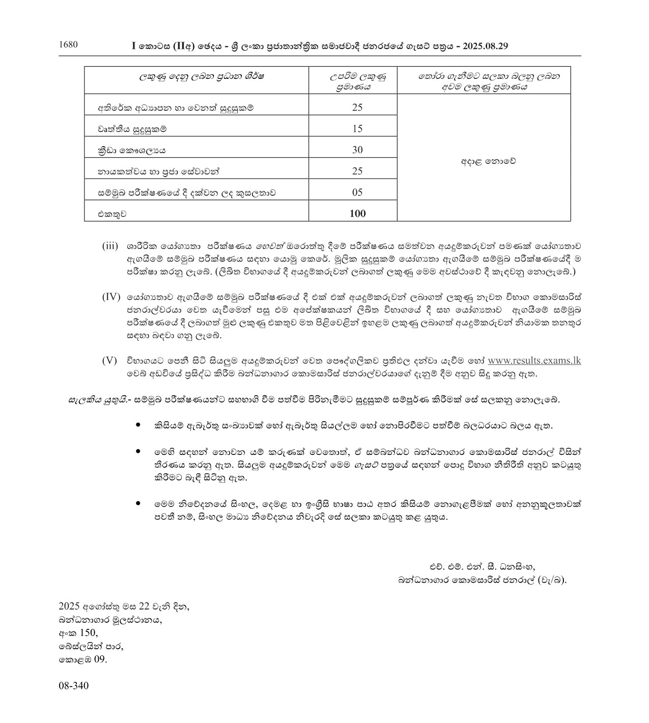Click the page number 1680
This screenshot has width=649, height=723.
68,44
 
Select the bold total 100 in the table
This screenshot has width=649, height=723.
357,214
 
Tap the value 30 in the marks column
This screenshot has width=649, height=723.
357,150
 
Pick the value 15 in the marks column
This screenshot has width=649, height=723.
357,129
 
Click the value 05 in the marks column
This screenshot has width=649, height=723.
357,192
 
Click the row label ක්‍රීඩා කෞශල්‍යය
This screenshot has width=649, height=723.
132,150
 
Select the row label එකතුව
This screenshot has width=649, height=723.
112,214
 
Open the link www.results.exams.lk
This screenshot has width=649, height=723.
534,361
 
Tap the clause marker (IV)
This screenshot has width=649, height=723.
111,297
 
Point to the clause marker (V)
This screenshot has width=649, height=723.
109,361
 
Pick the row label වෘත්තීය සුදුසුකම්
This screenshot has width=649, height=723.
132,129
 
